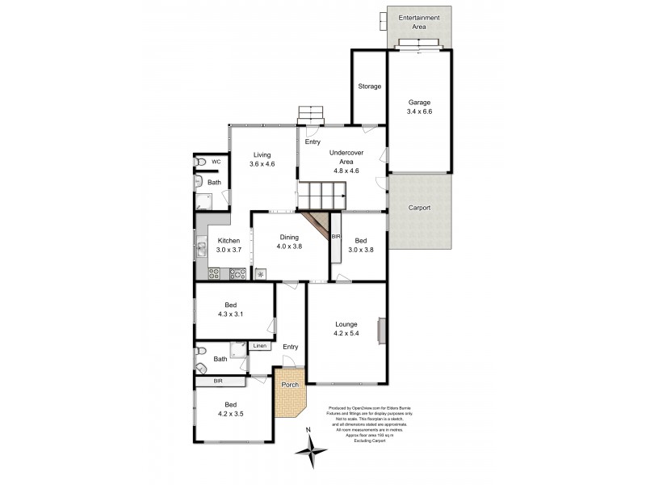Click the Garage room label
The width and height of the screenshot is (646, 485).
pos(419,108)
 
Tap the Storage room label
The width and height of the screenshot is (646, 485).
pos(370,86)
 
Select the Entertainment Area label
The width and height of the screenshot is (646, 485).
pos(419,23)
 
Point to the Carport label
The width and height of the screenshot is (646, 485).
pos(419,208)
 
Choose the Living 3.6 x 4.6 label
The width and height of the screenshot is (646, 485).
pos(262,159)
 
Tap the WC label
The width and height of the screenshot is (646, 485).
pos(216,162)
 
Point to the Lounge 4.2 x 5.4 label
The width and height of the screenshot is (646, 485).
pos(346,329)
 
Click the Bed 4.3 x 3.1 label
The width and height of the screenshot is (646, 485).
pos(232,310)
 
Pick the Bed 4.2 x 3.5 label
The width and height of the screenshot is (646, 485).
pos(231,409)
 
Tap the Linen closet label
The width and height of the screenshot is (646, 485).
pos(259,347)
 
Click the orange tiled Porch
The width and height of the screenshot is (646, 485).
pos(289,394)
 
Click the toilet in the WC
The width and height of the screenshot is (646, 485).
pos(199,162)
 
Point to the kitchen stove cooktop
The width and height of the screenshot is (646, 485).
pos(237,274)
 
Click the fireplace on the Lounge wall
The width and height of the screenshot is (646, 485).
pos(384,330)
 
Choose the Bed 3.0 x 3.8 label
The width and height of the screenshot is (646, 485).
pos(360,246)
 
